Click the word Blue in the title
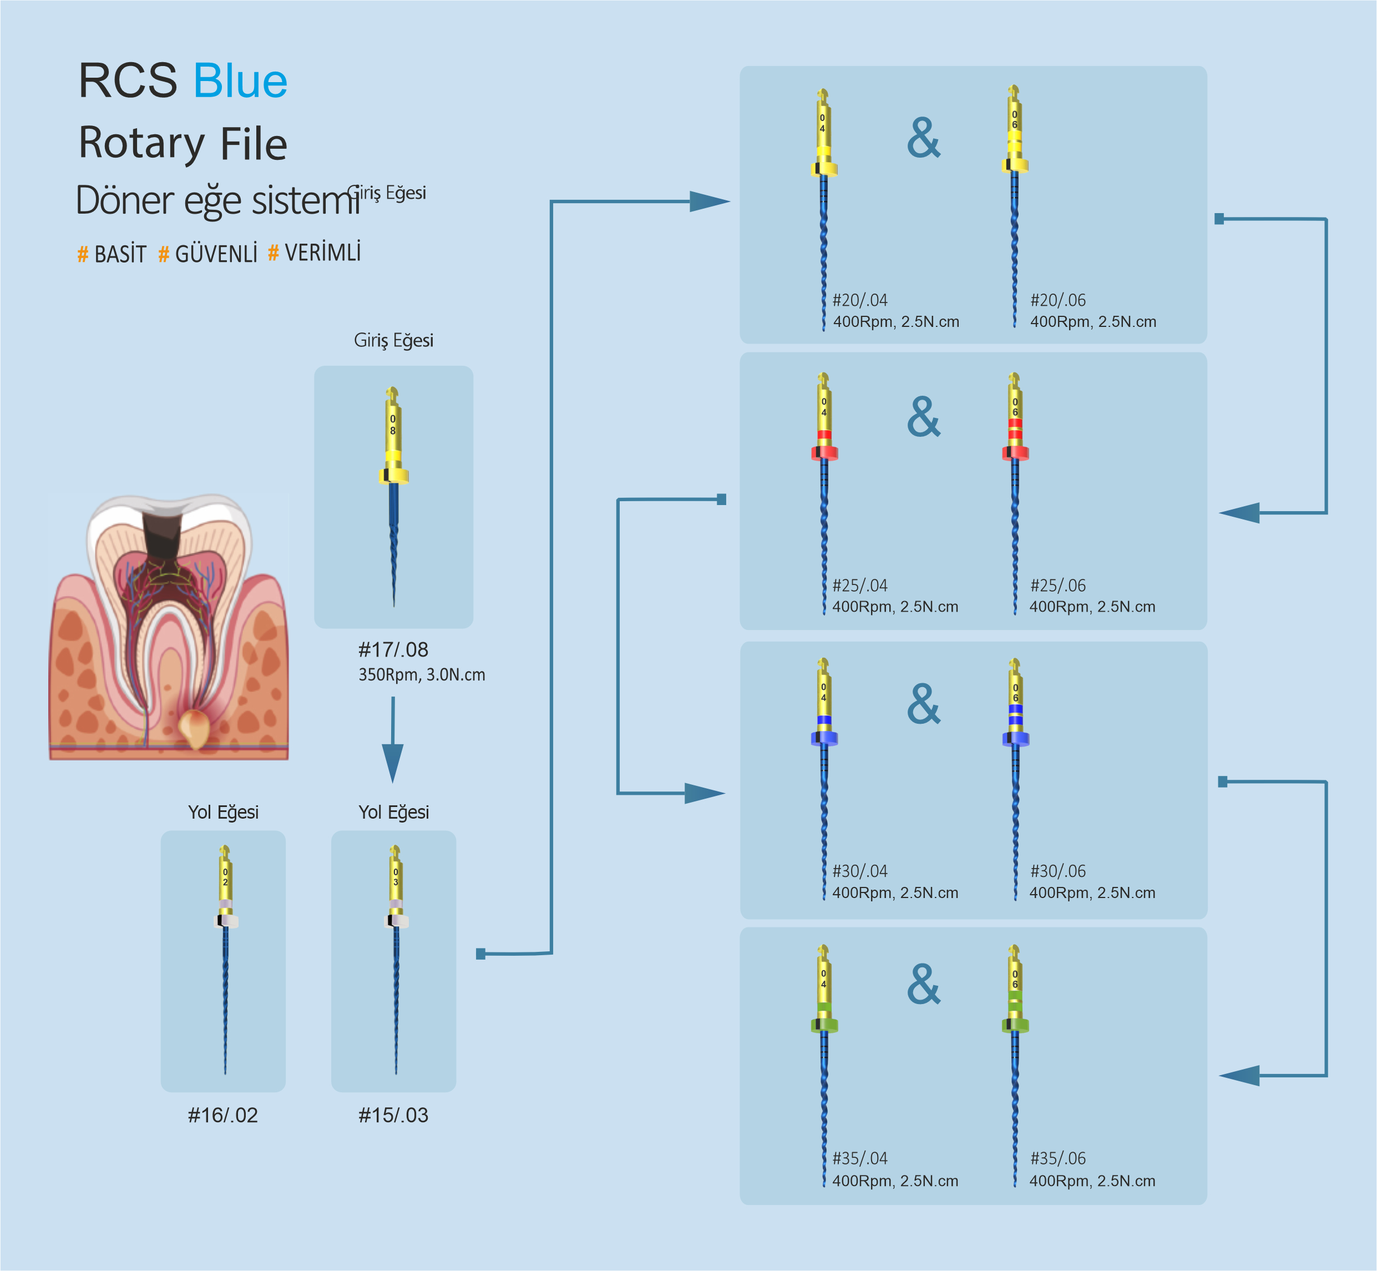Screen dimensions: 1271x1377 240,81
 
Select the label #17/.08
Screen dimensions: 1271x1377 393,649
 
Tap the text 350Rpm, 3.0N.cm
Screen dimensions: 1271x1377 422,675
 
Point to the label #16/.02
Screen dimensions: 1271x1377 222,1115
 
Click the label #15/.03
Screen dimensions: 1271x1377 393,1115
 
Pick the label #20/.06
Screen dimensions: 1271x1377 1058,301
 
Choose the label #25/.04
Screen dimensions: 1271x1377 860,586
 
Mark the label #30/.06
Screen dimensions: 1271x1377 1058,871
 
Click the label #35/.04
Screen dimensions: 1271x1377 860,1158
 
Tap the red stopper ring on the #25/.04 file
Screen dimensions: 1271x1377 824,452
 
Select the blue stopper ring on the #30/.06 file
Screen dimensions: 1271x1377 1015,739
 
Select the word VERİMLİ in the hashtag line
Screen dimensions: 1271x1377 322,253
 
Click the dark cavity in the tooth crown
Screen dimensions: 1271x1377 163,533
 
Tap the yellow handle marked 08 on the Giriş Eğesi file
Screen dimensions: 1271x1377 393,430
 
